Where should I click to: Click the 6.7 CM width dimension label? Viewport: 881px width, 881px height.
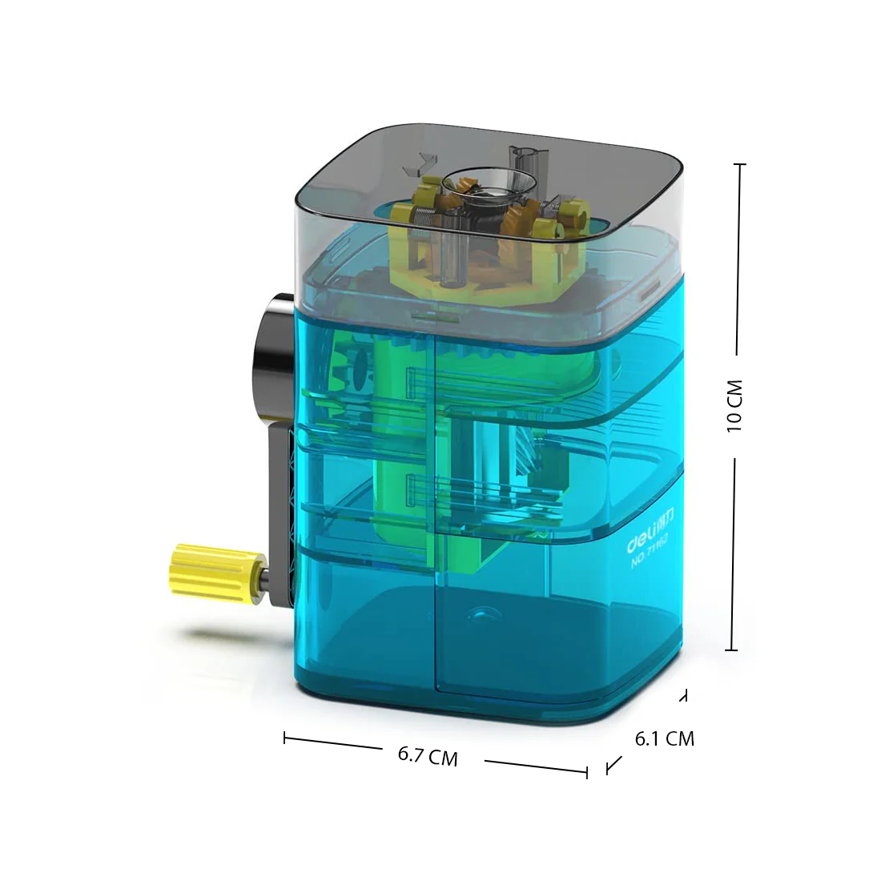click(428, 756)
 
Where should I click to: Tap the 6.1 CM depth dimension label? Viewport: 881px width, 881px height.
click(664, 738)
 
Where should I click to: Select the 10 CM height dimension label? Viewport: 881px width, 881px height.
click(735, 406)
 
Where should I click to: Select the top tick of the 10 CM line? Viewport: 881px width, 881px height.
click(739, 164)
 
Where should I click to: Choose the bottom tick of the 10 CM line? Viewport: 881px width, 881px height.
click(731, 650)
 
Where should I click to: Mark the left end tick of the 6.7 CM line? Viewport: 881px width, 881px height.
click(284, 738)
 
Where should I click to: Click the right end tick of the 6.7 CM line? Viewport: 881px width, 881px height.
click(587, 772)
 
